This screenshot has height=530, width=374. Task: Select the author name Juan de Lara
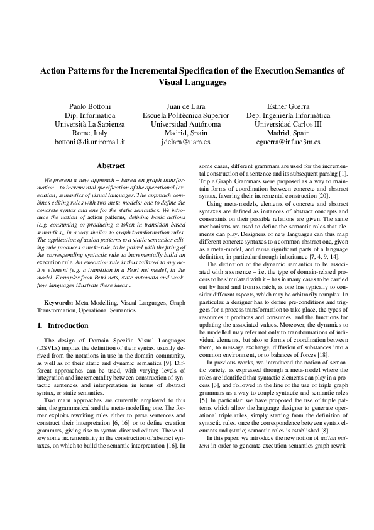(x=190, y=106)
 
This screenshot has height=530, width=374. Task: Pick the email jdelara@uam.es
(x=190, y=142)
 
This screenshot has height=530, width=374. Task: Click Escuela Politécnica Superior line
(x=190, y=116)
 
